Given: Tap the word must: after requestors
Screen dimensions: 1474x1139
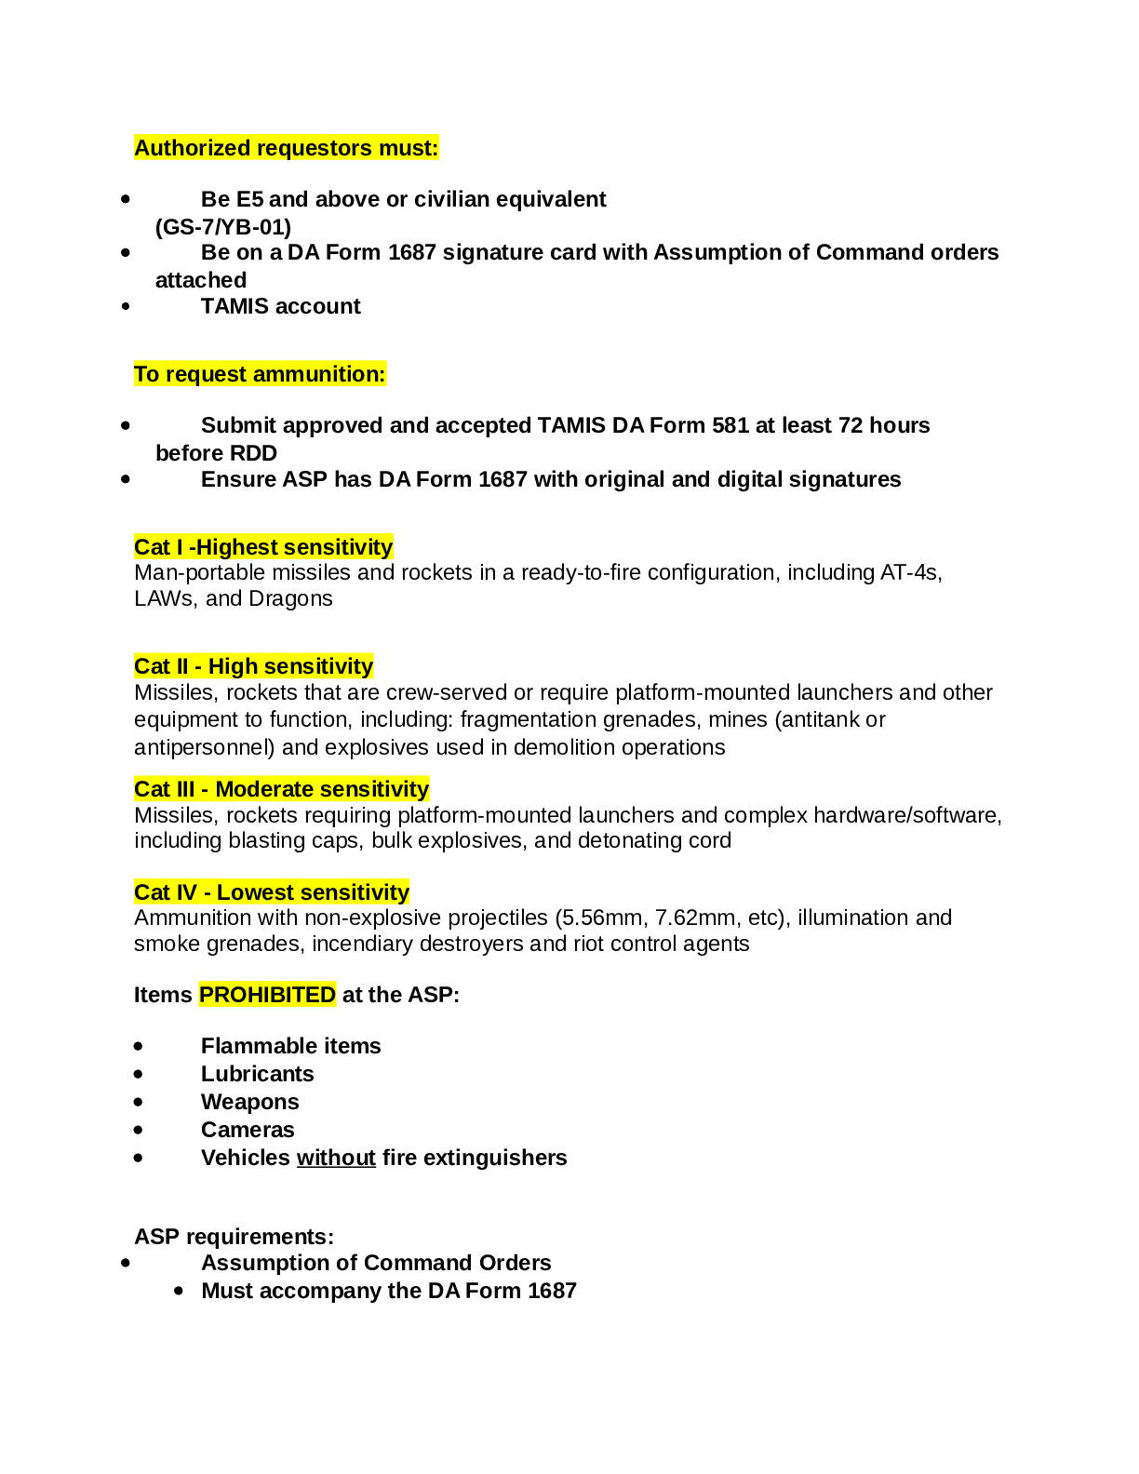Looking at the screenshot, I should (408, 148).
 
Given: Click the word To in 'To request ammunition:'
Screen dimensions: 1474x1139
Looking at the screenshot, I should (147, 374).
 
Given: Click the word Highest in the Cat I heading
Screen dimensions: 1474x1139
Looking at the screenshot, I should (236, 547).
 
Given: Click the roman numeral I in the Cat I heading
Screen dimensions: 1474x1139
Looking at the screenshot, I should (180, 547).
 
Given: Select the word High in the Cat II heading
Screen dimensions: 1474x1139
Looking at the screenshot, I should (233, 666).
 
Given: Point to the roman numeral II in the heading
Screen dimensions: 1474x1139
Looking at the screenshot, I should (181, 666).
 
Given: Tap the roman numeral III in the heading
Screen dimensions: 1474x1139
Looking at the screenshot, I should (185, 789).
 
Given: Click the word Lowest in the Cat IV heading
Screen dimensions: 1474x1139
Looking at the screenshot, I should (255, 892).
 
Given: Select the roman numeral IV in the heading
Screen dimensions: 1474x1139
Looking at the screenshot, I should (186, 892).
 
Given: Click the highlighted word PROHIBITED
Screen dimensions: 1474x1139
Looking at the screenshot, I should (267, 995).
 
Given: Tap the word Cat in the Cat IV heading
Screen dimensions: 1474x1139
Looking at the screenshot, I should (152, 892).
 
